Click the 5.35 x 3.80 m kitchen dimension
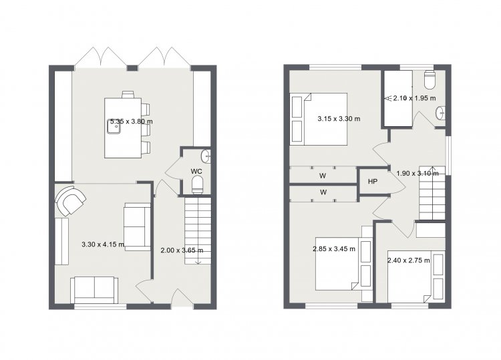click(131, 122)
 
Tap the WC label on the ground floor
click(196, 171)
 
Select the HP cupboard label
click(373, 182)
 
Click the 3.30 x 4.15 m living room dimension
click(103, 244)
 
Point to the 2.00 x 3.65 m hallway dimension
click(182, 250)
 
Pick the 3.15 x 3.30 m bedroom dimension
click(339, 119)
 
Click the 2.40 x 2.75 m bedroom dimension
click(409, 260)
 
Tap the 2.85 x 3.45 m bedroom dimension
click(334, 248)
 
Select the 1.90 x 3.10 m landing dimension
click(417, 174)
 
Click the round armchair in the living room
click(70, 200)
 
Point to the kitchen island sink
click(114, 128)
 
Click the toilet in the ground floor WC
click(198, 186)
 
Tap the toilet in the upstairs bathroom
click(429, 79)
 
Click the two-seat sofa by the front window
click(94, 290)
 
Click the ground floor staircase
click(198, 230)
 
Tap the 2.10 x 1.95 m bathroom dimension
click(414, 98)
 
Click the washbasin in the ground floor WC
click(206, 156)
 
